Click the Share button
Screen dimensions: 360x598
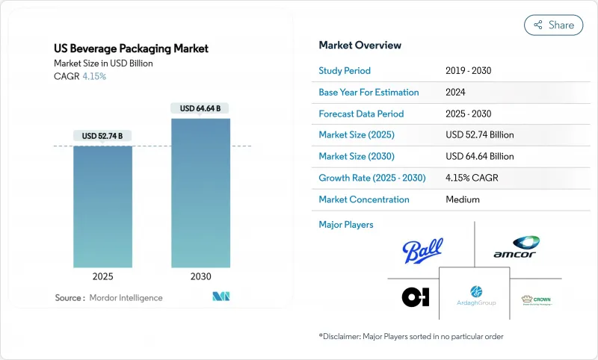[554, 25]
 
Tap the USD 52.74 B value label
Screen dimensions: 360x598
[103, 135]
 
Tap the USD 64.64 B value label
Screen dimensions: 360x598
[201, 108]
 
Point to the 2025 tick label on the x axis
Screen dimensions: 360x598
[103, 276]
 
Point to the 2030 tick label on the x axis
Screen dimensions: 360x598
[201, 276]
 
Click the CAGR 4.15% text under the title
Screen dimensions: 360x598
[81, 76]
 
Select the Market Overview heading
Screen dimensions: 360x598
[360, 46]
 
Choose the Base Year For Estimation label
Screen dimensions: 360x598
[369, 93]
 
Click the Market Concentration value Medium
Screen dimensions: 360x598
[462, 200]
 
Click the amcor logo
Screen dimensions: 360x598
[517, 248]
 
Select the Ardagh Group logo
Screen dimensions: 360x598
[475, 297]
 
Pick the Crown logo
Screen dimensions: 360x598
[537, 300]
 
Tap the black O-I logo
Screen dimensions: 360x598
[415, 297]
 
